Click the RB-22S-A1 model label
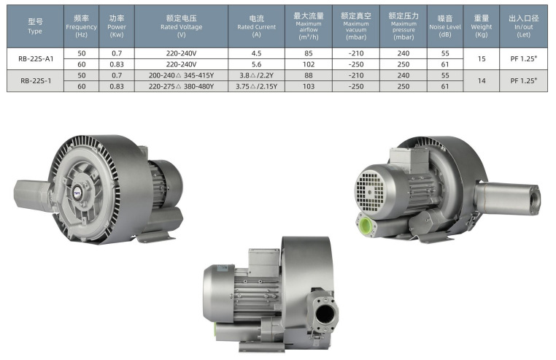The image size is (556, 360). coord(36,59)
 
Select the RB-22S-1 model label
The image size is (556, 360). coord(36,81)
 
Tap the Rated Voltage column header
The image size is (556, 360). coord(181,26)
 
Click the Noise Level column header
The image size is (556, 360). coord(445,26)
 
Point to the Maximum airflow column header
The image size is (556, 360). coord(309,26)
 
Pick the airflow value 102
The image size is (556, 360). coord(309,64)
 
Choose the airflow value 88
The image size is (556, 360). coord(309,75)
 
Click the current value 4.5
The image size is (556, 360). coord(256,53)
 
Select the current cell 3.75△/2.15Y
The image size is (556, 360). coord(256,86)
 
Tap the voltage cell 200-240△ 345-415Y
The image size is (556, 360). coord(181,75)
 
